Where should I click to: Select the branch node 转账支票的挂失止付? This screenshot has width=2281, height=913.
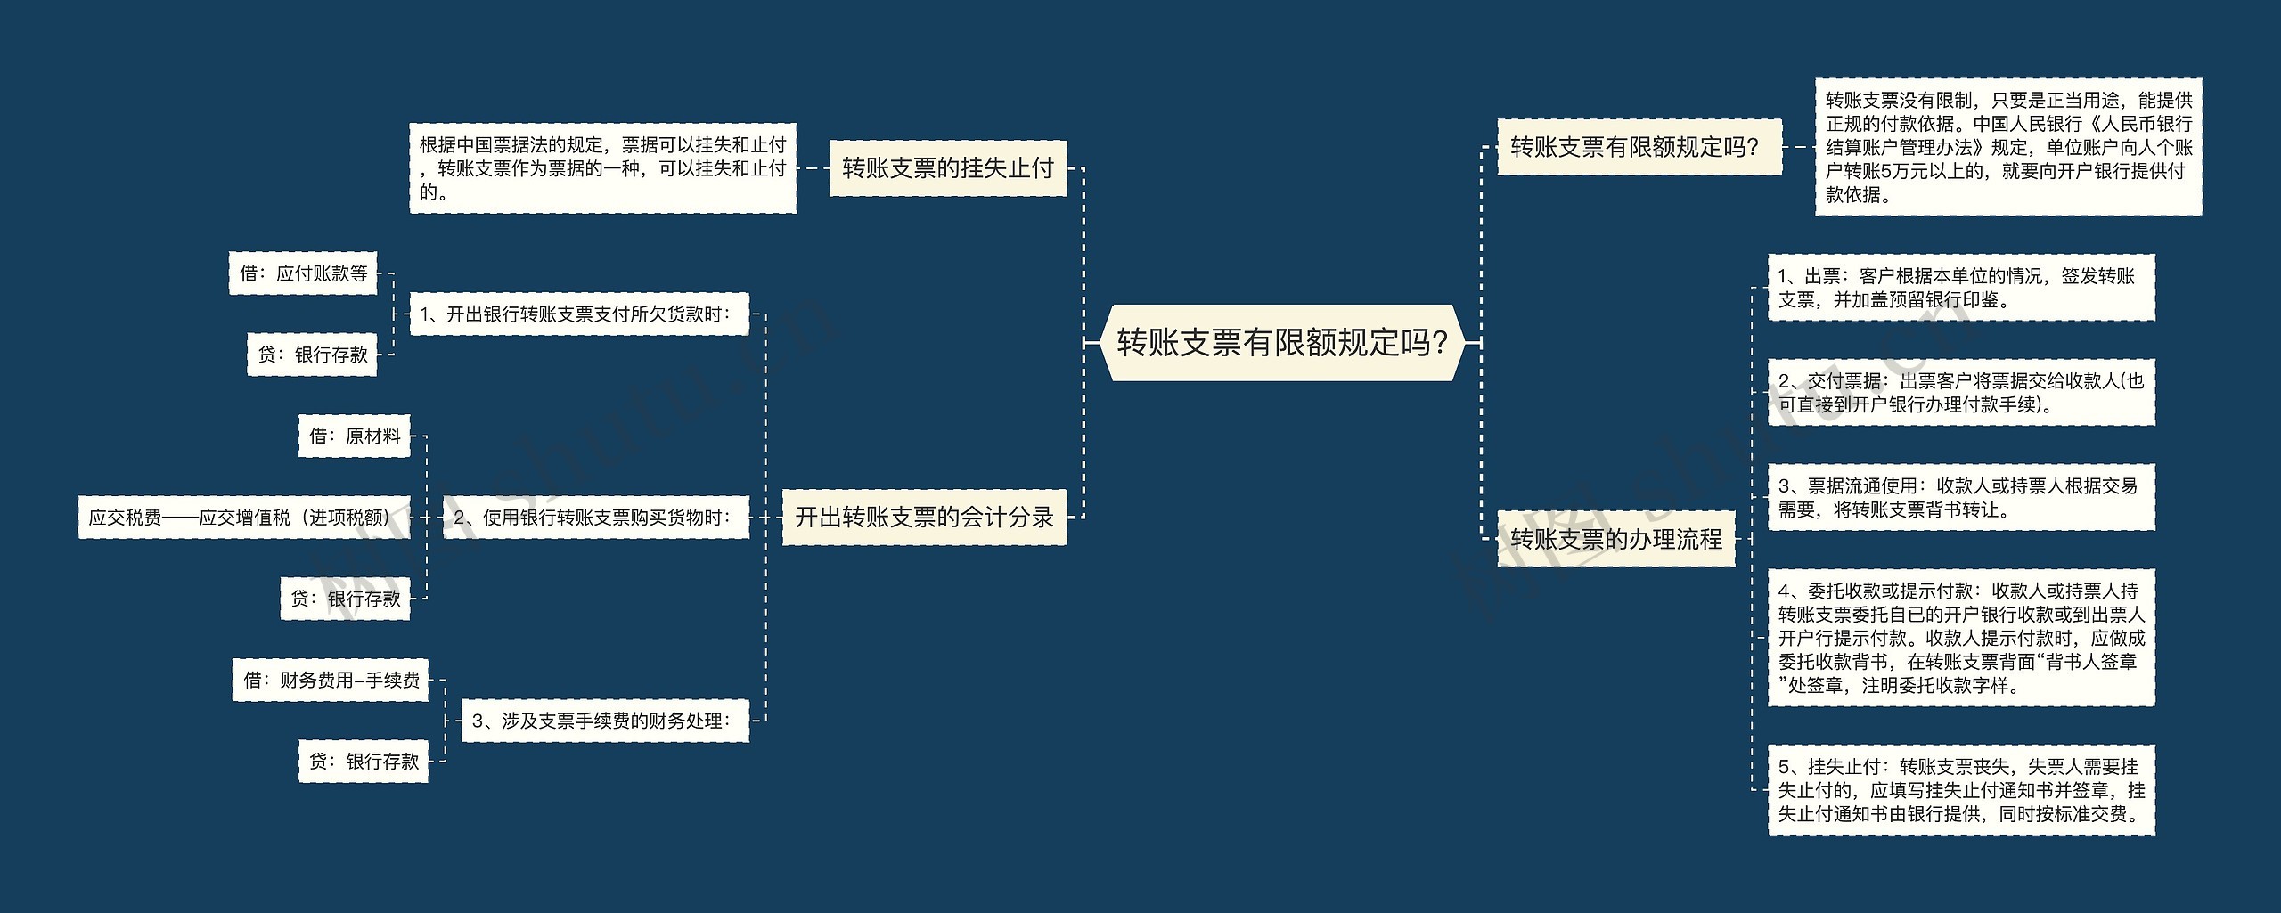tap(947, 167)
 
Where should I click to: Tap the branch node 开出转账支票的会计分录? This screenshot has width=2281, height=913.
tap(924, 517)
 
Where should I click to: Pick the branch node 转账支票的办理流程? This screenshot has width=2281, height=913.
tap(1616, 538)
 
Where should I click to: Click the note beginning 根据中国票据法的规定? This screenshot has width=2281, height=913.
tap(602, 168)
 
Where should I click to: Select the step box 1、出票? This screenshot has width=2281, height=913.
tap(1960, 288)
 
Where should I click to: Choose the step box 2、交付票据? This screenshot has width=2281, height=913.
tap(1960, 393)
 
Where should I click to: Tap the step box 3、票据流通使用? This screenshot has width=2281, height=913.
tap(1960, 497)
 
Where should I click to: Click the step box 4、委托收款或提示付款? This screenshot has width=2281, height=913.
tap(1960, 638)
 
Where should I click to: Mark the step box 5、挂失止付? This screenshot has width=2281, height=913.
tap(1960, 790)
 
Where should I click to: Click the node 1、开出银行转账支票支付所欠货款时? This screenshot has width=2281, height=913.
tap(578, 314)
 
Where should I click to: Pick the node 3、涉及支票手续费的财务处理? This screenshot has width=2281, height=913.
tap(605, 720)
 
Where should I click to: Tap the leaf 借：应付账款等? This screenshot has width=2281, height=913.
tap(303, 273)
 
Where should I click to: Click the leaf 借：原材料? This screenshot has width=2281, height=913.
tap(355, 436)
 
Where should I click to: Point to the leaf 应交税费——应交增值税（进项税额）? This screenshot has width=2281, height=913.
tap(244, 517)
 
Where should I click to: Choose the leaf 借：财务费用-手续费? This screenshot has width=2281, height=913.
tap(331, 681)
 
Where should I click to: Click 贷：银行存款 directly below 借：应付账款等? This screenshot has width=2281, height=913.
tap(312, 355)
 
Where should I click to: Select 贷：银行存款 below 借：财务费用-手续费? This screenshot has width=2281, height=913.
tap(364, 762)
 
